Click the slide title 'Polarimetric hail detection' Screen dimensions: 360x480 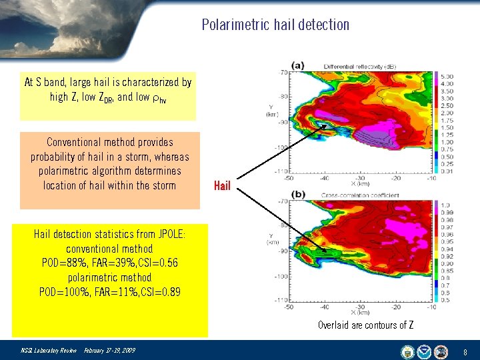coord(275,25)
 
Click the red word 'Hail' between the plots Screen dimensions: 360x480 coord(222,186)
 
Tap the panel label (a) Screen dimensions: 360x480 coord(297,65)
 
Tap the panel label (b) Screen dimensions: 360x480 coord(297,193)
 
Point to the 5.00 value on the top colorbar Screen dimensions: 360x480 coord(447,76)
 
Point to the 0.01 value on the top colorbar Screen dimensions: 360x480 coord(447,171)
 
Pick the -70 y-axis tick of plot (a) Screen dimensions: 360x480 coord(283,71)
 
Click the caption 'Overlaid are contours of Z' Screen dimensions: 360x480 coord(365,325)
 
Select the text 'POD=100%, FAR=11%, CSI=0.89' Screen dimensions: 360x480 coord(109,292)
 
